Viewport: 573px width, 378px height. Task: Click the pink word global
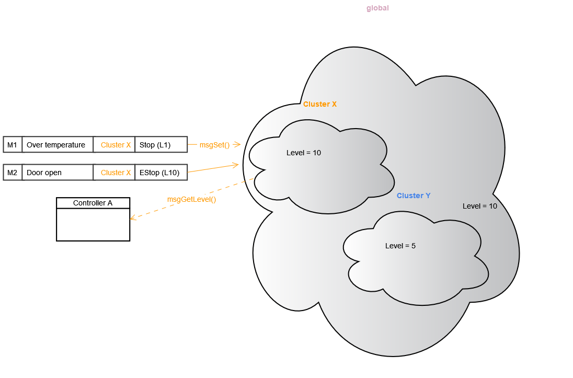click(x=377, y=8)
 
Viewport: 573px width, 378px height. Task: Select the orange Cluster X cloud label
click(x=319, y=104)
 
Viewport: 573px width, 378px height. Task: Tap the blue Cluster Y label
click(x=414, y=196)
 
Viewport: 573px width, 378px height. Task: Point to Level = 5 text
click(x=400, y=246)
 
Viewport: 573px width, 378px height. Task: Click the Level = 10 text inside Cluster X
click(x=303, y=153)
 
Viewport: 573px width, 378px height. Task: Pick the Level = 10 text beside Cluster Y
click(x=479, y=206)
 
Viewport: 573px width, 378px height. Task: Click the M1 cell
click(x=13, y=145)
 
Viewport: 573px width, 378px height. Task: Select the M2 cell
click(x=13, y=173)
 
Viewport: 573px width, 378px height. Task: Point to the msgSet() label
click(x=214, y=145)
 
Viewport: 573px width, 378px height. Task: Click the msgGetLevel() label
click(x=191, y=199)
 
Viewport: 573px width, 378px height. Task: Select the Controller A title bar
click(x=93, y=203)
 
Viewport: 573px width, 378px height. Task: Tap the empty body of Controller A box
click(x=93, y=225)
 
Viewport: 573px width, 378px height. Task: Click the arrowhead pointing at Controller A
click(x=132, y=218)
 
